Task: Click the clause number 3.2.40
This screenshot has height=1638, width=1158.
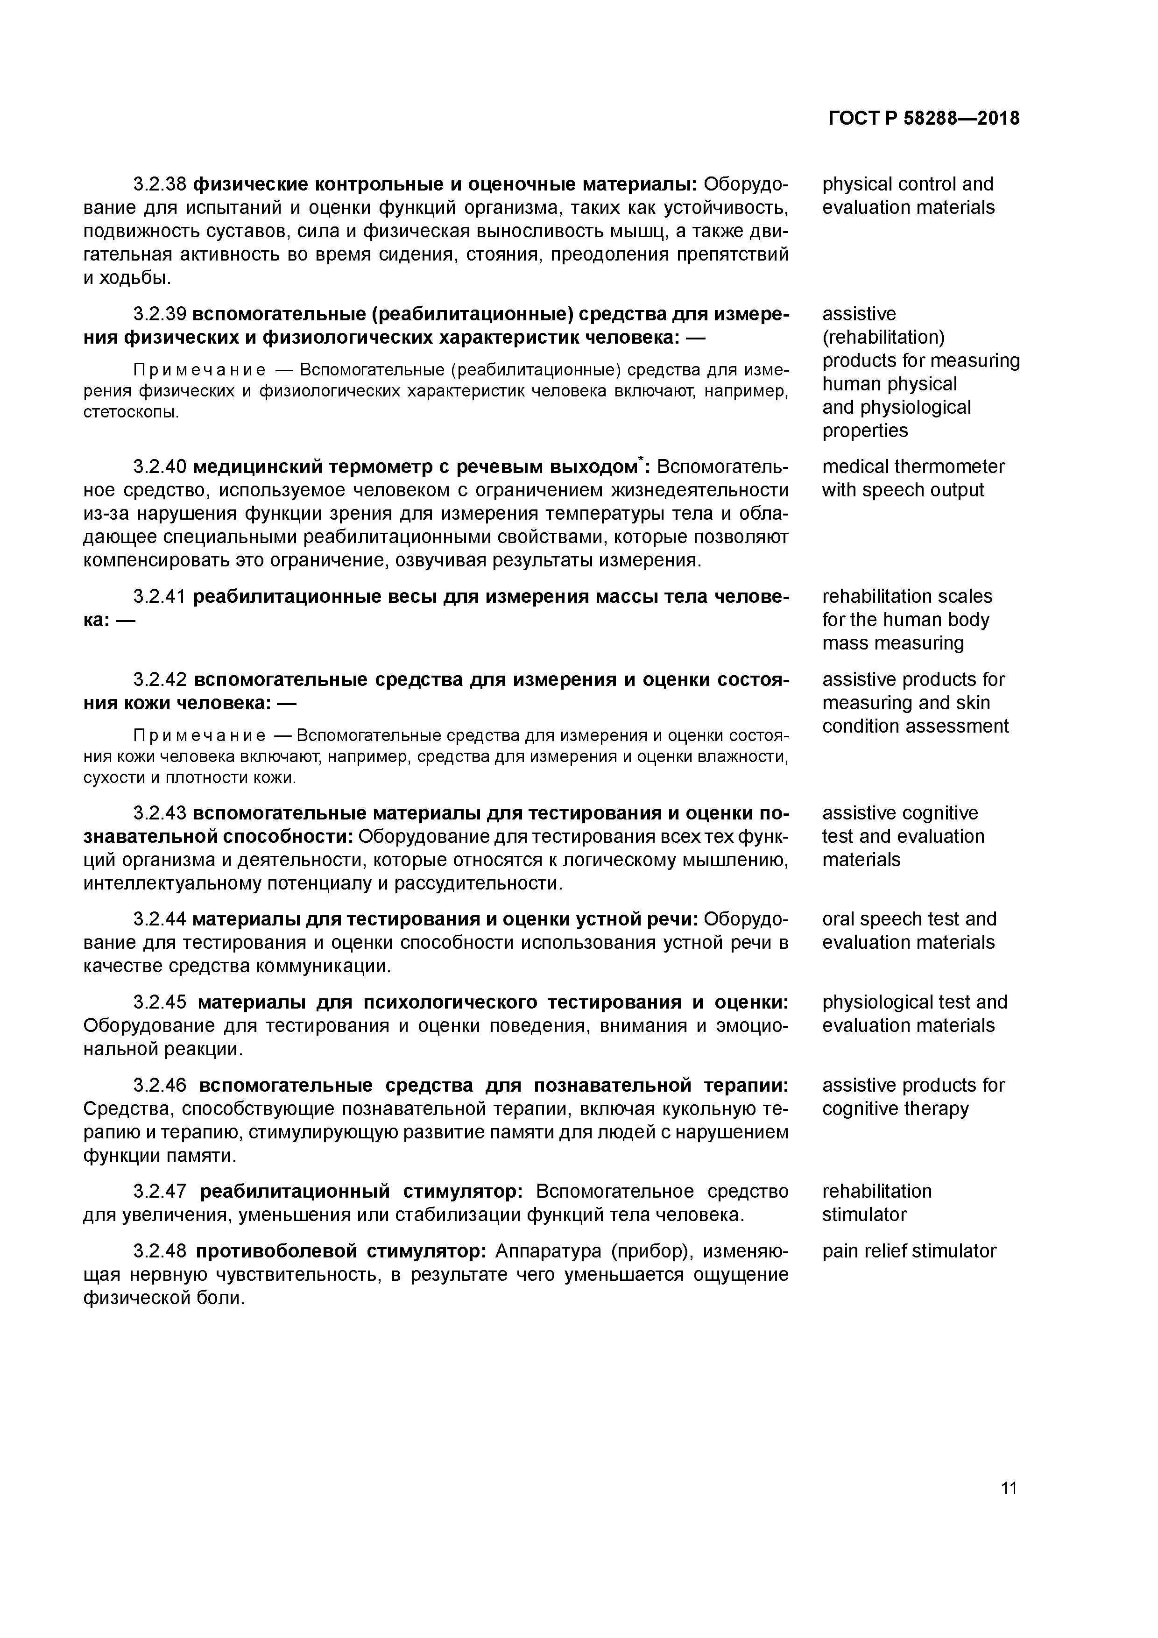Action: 159,467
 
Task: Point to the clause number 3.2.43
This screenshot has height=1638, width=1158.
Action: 159,813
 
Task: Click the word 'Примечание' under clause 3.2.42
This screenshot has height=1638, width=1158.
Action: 199,735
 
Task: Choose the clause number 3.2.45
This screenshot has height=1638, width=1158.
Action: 159,1003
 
